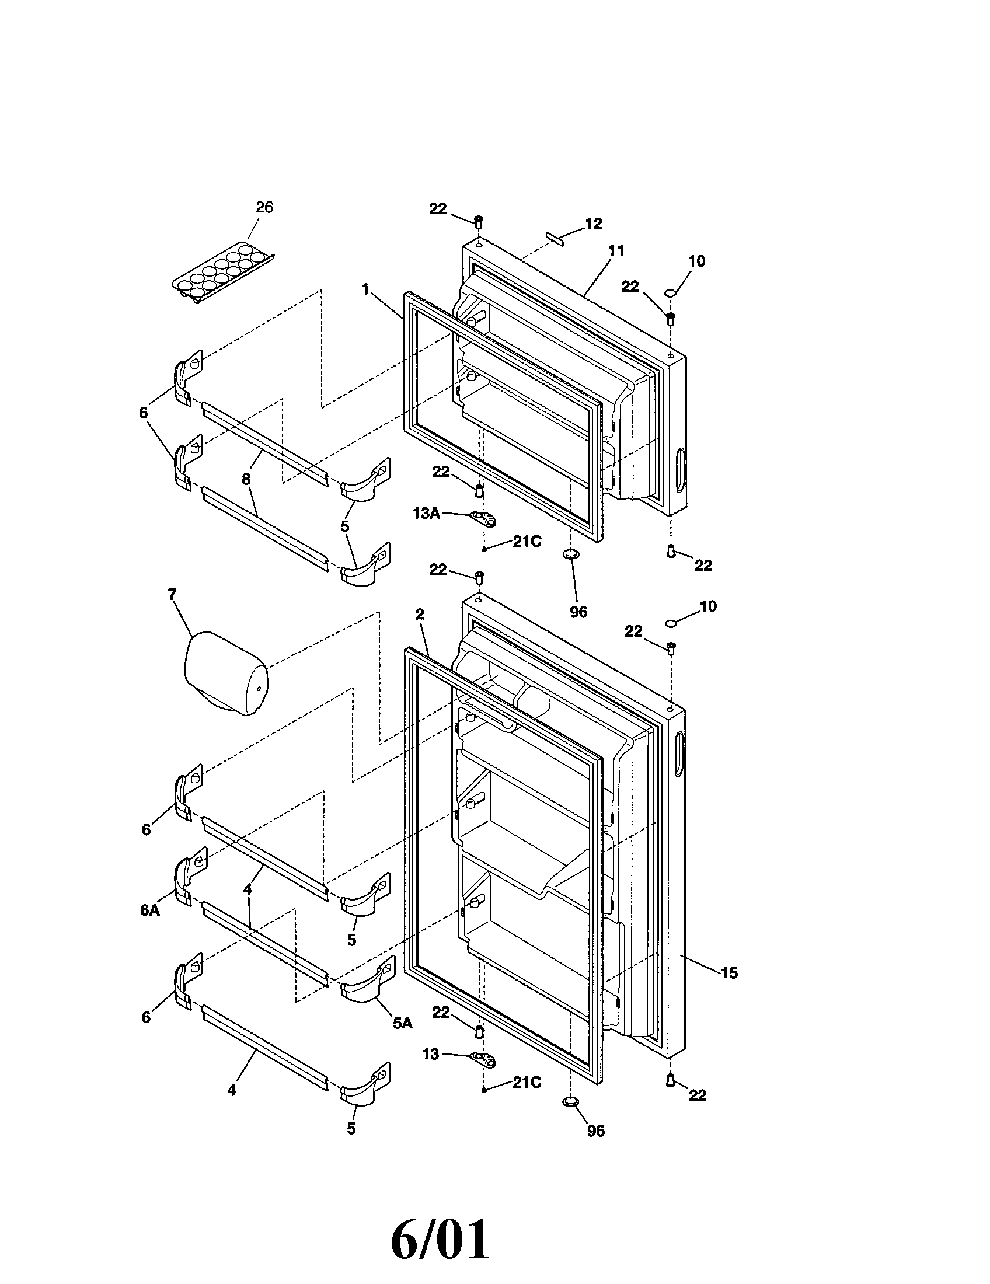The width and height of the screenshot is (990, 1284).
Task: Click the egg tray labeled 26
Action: [x=224, y=274]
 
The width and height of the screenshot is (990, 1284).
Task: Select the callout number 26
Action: [x=264, y=208]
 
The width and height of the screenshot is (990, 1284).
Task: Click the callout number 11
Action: [x=615, y=251]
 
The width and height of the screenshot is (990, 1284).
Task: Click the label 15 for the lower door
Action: [x=728, y=973]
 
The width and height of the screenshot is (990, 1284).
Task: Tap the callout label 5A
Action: [x=402, y=1023]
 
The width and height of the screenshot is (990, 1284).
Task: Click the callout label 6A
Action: [x=150, y=910]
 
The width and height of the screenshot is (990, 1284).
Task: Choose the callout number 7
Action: [x=172, y=595]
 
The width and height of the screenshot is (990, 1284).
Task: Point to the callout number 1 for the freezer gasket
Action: [x=365, y=289]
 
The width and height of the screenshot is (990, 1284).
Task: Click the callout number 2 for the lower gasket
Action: [x=420, y=615]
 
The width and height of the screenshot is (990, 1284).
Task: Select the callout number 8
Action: [x=246, y=479]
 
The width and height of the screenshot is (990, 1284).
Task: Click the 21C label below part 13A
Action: [x=527, y=542]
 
